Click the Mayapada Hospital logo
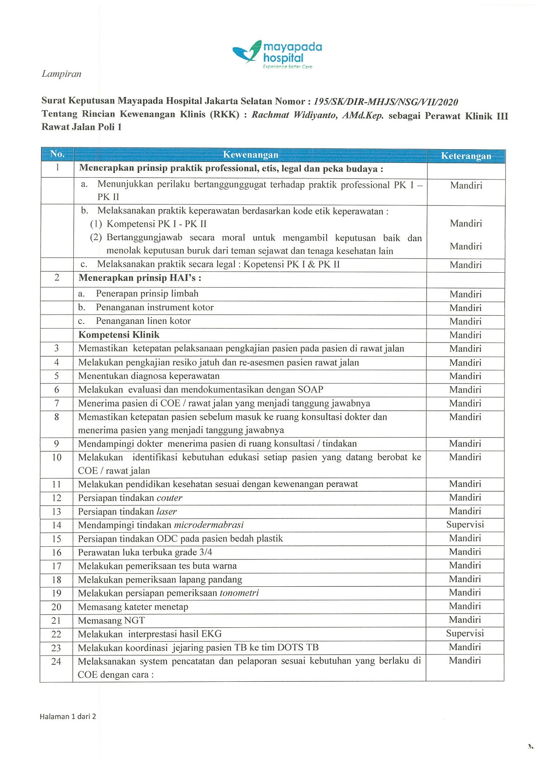point(277,54)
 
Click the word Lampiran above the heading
point(61,74)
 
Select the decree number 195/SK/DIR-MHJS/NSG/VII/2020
point(386,102)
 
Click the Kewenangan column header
point(251,155)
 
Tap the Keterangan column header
point(466,156)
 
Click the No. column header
point(57,154)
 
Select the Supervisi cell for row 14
point(465,525)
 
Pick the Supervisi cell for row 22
point(465,633)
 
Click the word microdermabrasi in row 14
point(209,525)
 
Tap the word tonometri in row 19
point(239,593)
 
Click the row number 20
point(56,607)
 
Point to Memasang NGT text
point(111,620)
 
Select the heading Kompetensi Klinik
point(119,335)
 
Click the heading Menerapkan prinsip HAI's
point(140,278)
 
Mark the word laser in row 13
point(166,511)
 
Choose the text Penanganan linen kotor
point(143,321)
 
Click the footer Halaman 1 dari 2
point(68,716)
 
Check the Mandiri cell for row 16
point(465,552)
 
